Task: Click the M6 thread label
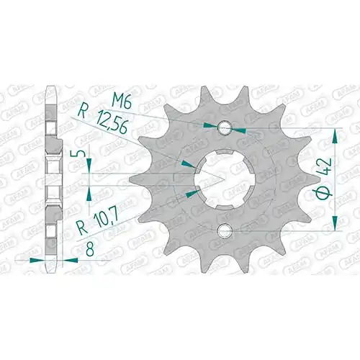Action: (122, 102)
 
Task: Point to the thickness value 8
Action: (90, 249)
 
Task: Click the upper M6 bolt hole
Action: (224, 127)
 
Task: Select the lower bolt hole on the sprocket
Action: (224, 230)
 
